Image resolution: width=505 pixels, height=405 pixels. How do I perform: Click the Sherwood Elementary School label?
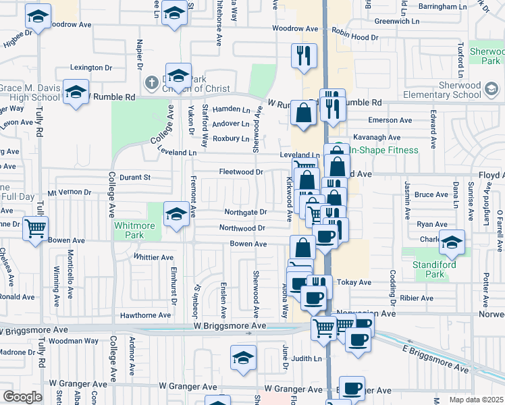click(x=448, y=90)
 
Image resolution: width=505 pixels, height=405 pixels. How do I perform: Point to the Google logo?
click(x=22, y=396)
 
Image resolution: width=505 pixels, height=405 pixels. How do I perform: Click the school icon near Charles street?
click(x=452, y=242)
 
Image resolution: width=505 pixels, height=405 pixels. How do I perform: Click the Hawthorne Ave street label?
click(x=145, y=315)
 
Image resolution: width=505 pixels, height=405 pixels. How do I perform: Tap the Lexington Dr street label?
click(x=91, y=67)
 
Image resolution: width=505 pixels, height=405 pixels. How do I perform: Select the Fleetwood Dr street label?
click(x=241, y=171)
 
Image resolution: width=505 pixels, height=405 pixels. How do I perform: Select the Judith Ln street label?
click(x=307, y=358)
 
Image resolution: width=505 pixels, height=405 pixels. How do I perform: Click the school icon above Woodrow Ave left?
click(x=38, y=16)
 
